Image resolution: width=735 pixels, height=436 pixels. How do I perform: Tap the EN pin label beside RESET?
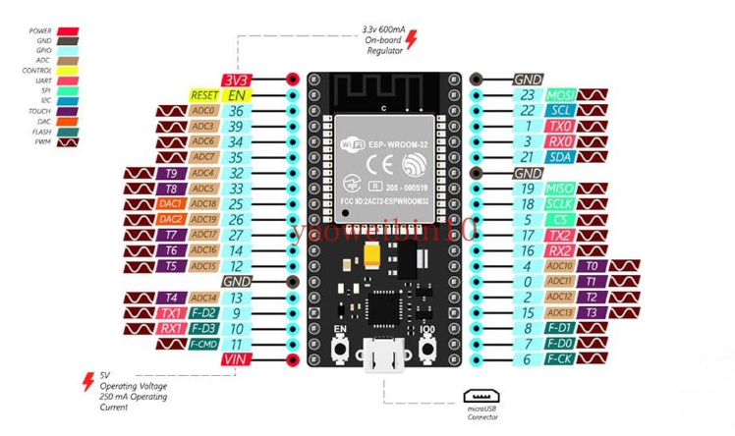click(238, 95)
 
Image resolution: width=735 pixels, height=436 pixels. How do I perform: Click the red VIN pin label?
click(236, 360)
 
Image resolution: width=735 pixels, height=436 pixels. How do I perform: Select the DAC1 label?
click(170, 203)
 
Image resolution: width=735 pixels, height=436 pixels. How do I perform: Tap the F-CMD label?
click(203, 345)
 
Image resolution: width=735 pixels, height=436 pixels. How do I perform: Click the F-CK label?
click(559, 359)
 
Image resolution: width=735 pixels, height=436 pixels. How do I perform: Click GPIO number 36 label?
click(236, 111)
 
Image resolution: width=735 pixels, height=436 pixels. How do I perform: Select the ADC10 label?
click(559, 266)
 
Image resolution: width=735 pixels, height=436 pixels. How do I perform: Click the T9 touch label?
click(170, 173)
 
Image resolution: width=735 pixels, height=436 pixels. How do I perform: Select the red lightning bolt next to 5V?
click(86, 377)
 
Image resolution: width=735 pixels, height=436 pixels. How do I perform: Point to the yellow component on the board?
click(373, 254)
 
